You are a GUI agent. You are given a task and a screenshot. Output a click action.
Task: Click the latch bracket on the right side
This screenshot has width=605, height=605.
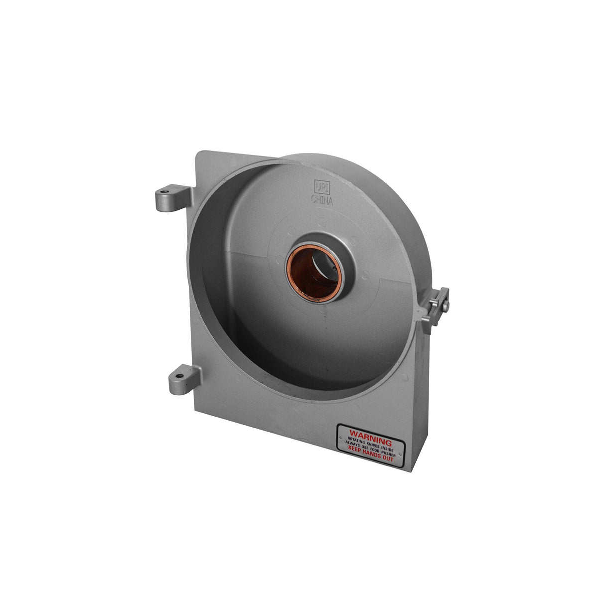tap(436, 306)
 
